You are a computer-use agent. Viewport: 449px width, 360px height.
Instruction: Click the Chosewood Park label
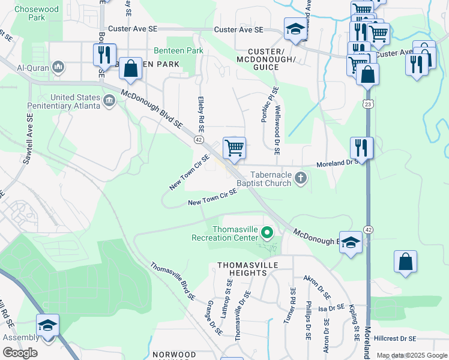click(x=29, y=13)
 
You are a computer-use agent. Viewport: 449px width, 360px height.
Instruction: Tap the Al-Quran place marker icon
click(x=58, y=66)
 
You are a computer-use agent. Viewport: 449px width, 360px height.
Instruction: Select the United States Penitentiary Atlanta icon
click(x=109, y=99)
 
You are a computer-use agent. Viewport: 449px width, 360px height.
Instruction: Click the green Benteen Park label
click(x=178, y=51)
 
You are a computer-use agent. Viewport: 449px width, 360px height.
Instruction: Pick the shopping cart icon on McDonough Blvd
click(x=234, y=146)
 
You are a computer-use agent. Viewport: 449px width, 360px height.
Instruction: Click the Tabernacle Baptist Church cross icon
click(x=301, y=178)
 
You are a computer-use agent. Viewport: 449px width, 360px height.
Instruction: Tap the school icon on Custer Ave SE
click(x=295, y=29)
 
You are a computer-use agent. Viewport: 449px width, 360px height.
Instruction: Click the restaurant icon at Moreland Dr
click(x=361, y=146)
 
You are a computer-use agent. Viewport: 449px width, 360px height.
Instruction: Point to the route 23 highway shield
click(x=367, y=104)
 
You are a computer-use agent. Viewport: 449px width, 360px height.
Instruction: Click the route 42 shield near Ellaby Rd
click(x=198, y=139)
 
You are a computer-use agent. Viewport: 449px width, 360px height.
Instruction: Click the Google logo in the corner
click(x=20, y=352)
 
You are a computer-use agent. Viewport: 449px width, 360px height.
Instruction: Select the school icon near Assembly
click(x=47, y=326)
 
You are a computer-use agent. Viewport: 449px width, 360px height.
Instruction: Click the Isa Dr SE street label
click(x=331, y=308)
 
